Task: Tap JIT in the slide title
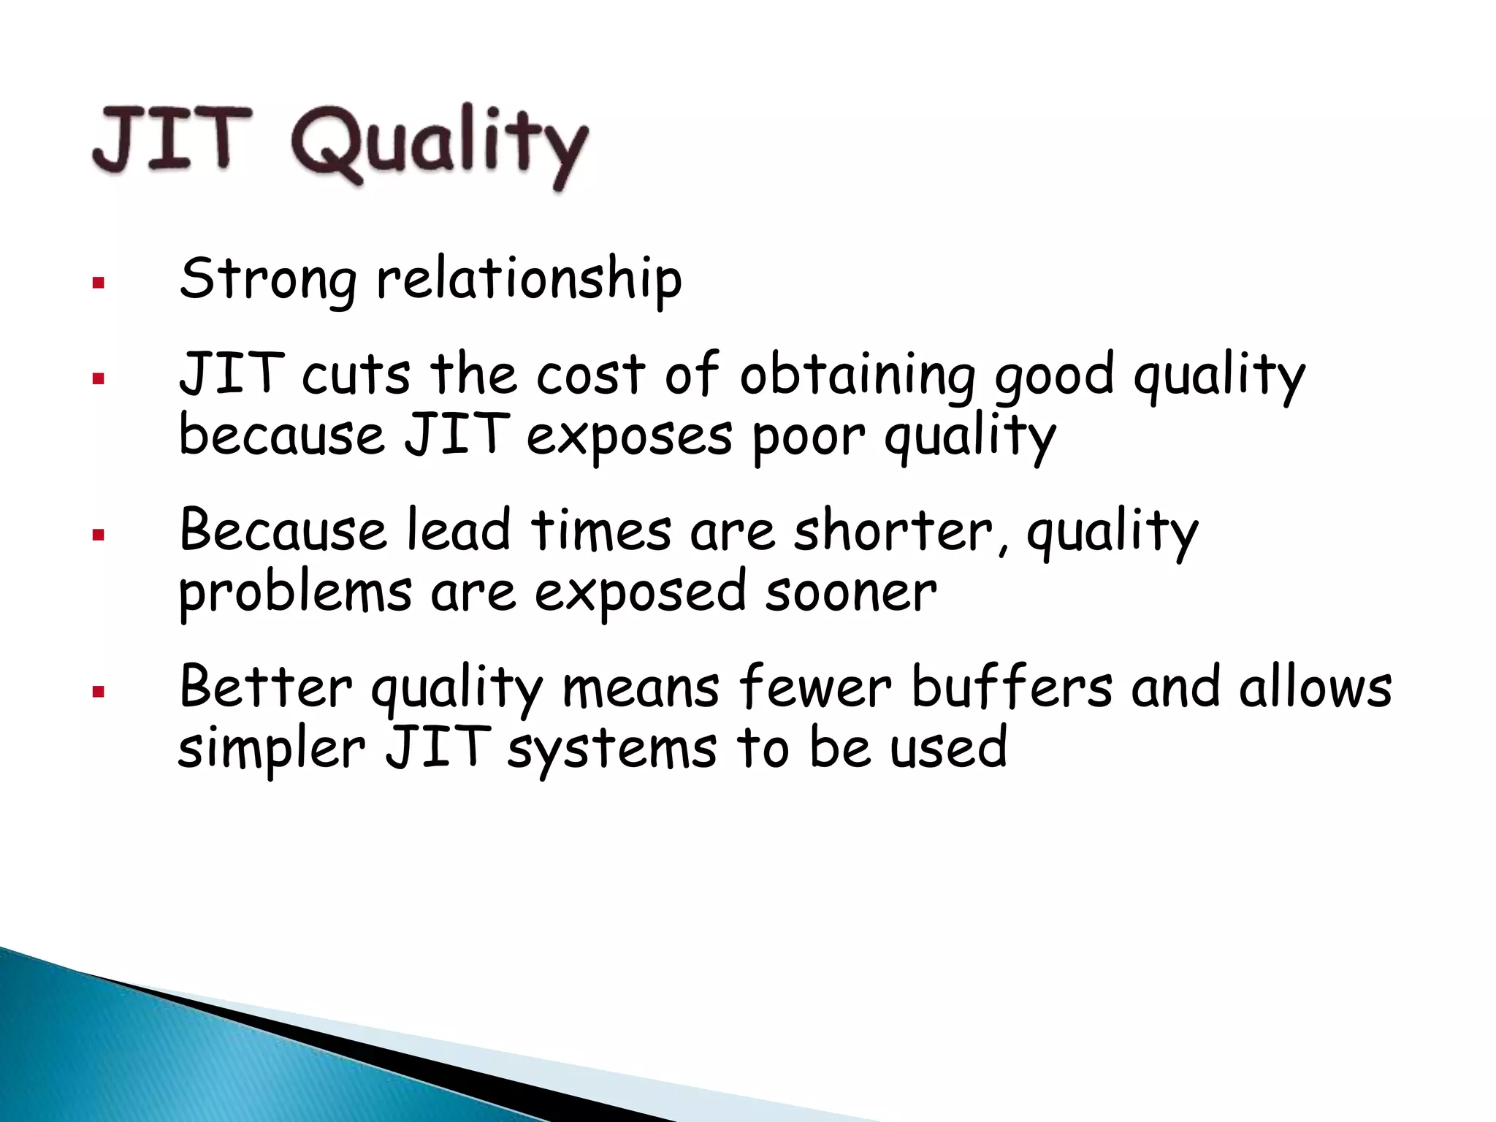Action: (x=172, y=139)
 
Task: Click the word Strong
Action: (x=268, y=279)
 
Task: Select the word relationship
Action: (x=529, y=279)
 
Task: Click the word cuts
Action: (x=356, y=374)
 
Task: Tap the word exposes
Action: (x=629, y=437)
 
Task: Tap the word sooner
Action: (x=851, y=592)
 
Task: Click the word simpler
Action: (x=271, y=749)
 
